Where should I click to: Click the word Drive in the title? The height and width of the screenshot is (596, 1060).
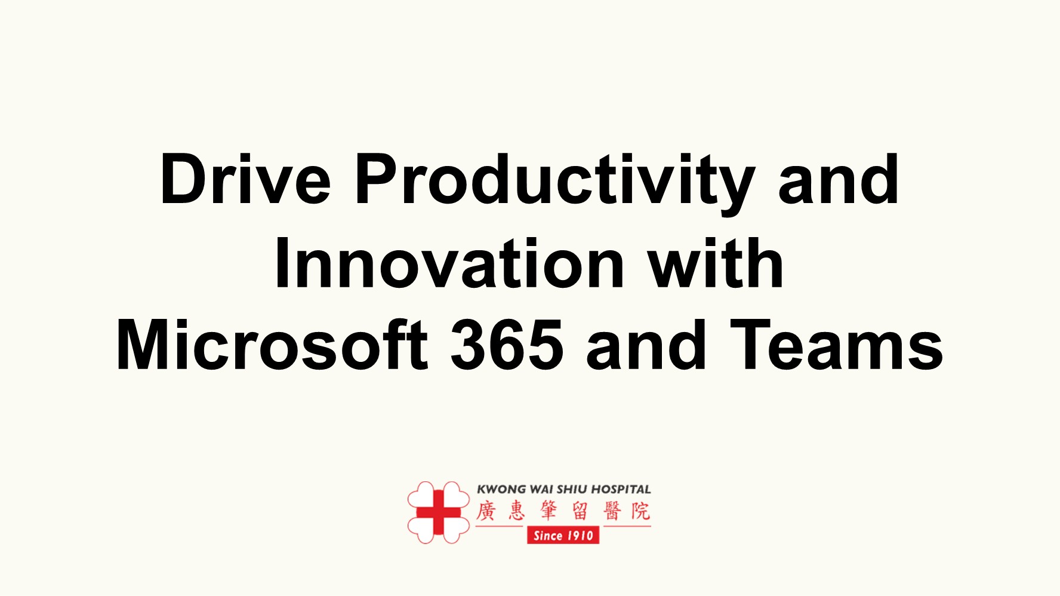[245, 179]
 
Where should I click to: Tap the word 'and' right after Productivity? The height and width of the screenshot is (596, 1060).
[839, 179]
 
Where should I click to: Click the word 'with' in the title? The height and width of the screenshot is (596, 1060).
[716, 262]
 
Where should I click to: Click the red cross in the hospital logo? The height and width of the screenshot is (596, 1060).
[439, 512]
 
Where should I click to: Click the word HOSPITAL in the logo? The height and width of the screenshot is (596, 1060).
[621, 489]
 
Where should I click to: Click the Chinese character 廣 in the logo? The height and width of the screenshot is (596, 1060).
[486, 511]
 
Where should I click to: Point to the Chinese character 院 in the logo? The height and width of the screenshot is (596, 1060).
[641, 511]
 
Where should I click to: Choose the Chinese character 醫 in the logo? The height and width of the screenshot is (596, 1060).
[612, 511]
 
